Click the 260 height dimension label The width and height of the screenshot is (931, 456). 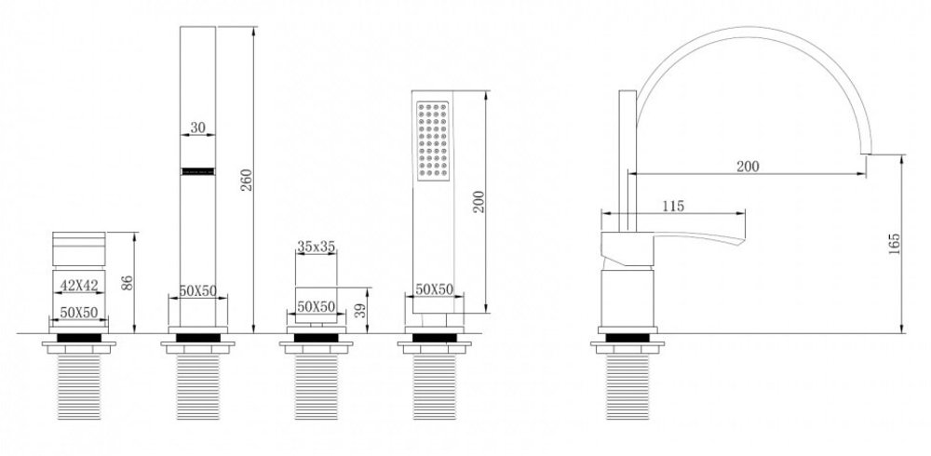point(247,180)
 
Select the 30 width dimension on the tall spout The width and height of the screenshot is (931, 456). point(197,127)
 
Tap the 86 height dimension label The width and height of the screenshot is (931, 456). point(127,283)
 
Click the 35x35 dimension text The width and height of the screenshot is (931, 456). point(316,246)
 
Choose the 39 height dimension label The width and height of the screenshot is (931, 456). point(360,311)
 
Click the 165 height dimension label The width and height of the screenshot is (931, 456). point(894,244)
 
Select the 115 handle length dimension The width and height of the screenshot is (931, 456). point(673,206)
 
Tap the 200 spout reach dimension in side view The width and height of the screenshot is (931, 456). point(748,167)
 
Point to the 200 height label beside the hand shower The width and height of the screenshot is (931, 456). point(479,202)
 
